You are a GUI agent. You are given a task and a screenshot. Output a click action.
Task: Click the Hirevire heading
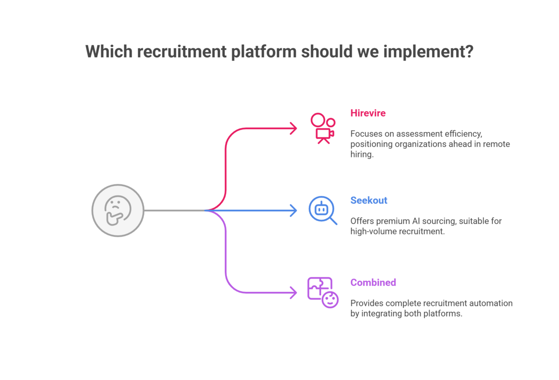(368, 113)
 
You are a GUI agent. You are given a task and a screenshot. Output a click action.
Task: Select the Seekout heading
(369, 200)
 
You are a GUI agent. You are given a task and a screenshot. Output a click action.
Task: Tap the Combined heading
(373, 283)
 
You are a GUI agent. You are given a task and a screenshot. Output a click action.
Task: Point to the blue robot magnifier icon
(322, 211)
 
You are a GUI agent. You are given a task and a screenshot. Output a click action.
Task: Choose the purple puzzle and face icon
(322, 292)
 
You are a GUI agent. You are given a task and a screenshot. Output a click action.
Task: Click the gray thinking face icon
(118, 210)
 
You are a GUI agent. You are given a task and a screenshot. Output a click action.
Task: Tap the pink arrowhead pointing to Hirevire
(293, 128)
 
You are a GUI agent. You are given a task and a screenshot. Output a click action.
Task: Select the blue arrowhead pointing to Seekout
(293, 211)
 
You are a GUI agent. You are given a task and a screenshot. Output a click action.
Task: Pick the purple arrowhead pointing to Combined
(293, 293)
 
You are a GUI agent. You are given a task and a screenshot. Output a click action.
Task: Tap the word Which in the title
(108, 51)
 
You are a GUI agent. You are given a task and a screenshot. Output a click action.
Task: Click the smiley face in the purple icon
(330, 300)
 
